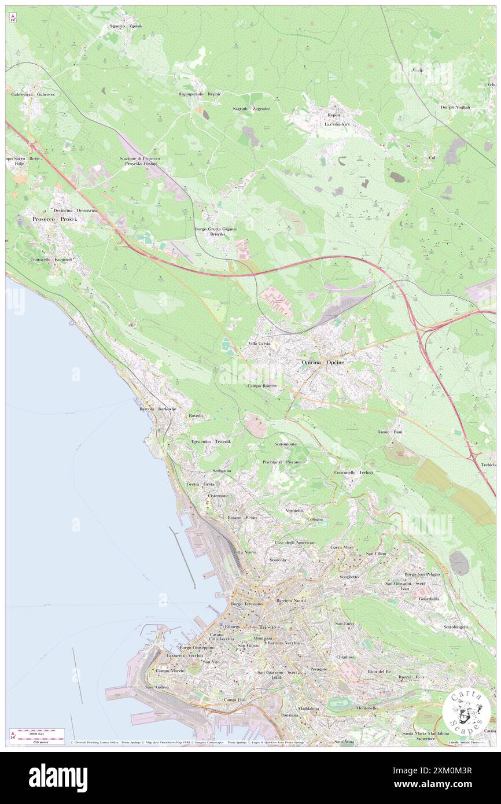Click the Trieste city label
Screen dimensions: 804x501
coord(268,627)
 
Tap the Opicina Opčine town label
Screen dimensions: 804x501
coord(323,362)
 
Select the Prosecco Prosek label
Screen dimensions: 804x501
coord(55,219)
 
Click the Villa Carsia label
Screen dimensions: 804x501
coord(260,344)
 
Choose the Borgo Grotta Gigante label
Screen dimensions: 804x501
coord(216,229)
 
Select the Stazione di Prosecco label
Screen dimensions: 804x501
coord(139,158)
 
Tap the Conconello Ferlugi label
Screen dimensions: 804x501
coord(353,473)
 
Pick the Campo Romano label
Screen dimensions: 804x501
coord(263,385)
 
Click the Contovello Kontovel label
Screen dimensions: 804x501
coord(51,260)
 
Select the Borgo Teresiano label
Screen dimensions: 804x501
coord(246,604)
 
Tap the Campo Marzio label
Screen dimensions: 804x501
coord(170,670)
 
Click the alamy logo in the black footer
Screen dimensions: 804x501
coord(58,777)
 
